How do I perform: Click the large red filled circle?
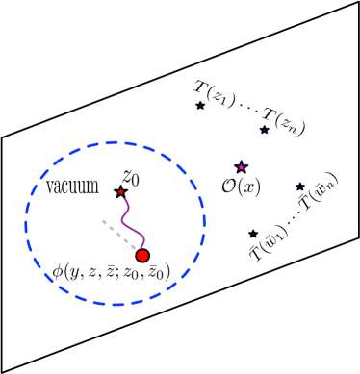tap(142, 256)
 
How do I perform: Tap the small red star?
tap(120, 192)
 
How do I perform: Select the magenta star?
tap(242, 167)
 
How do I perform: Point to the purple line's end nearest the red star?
tap(122, 198)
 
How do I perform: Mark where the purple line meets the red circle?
tap(141, 250)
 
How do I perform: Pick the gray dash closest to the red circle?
tap(133, 247)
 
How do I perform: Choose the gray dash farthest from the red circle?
tap(104, 222)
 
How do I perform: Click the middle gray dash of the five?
tap(118, 235)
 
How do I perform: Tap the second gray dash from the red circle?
tap(126, 240)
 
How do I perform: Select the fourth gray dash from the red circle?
tap(112, 228)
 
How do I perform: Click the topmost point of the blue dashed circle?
tap(115, 142)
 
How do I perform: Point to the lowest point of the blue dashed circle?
tap(115, 305)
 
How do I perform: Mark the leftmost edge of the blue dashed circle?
tap(26, 224)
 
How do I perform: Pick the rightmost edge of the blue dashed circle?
tap(204, 224)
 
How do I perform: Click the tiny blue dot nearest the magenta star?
tap(264, 130)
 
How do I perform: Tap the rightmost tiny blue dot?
tap(299, 187)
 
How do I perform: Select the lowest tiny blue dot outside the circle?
tap(253, 234)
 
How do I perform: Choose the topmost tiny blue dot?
tap(200, 106)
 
